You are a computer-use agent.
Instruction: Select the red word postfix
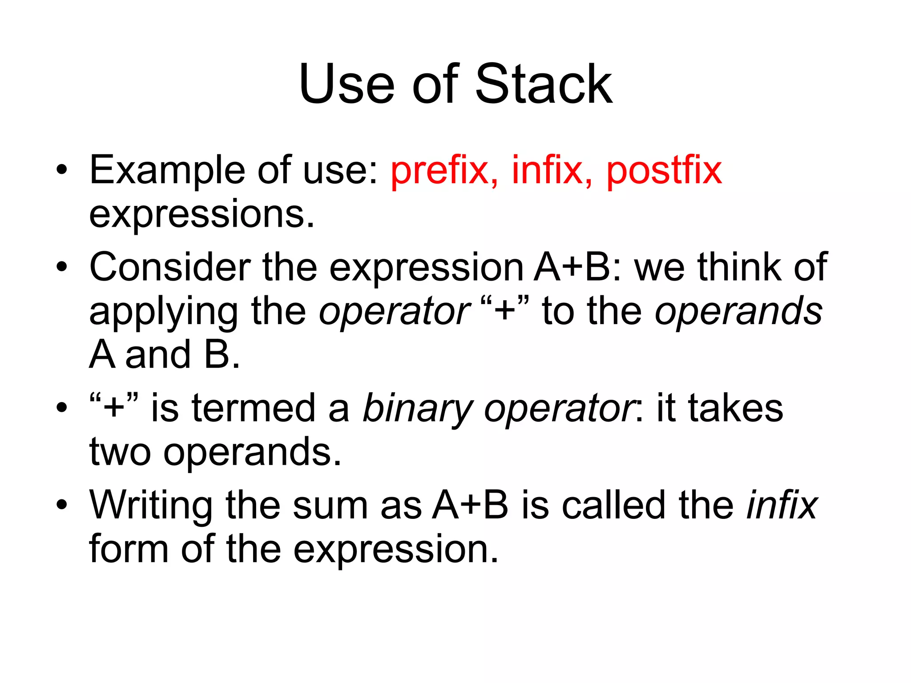(x=664, y=171)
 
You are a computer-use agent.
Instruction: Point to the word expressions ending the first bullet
(x=201, y=215)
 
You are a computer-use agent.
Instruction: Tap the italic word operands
(x=738, y=311)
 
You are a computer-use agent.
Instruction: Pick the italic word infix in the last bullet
(x=782, y=505)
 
